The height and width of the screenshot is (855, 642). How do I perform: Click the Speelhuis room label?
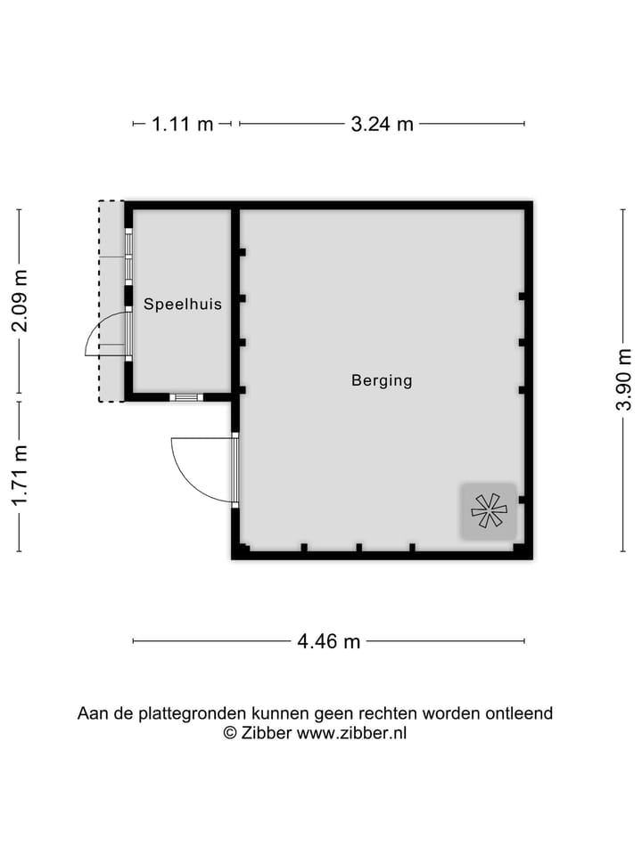pos(183,304)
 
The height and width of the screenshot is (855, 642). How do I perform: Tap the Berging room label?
pos(382,380)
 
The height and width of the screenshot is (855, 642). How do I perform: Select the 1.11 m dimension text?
pos(183,124)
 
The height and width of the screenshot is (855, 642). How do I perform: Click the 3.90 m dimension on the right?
pos(622,380)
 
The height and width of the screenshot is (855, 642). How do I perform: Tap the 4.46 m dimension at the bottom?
pos(328,640)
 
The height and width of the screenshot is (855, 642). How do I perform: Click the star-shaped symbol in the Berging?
pos(489,510)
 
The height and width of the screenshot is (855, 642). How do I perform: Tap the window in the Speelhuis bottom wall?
pos(186,397)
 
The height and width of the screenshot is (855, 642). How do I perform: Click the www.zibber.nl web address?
pos(351,733)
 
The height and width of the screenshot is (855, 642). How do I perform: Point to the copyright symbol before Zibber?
pos(229,733)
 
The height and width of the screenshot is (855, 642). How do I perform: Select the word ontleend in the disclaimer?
pos(519,712)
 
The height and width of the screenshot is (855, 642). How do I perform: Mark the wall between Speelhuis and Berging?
pos(235,298)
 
